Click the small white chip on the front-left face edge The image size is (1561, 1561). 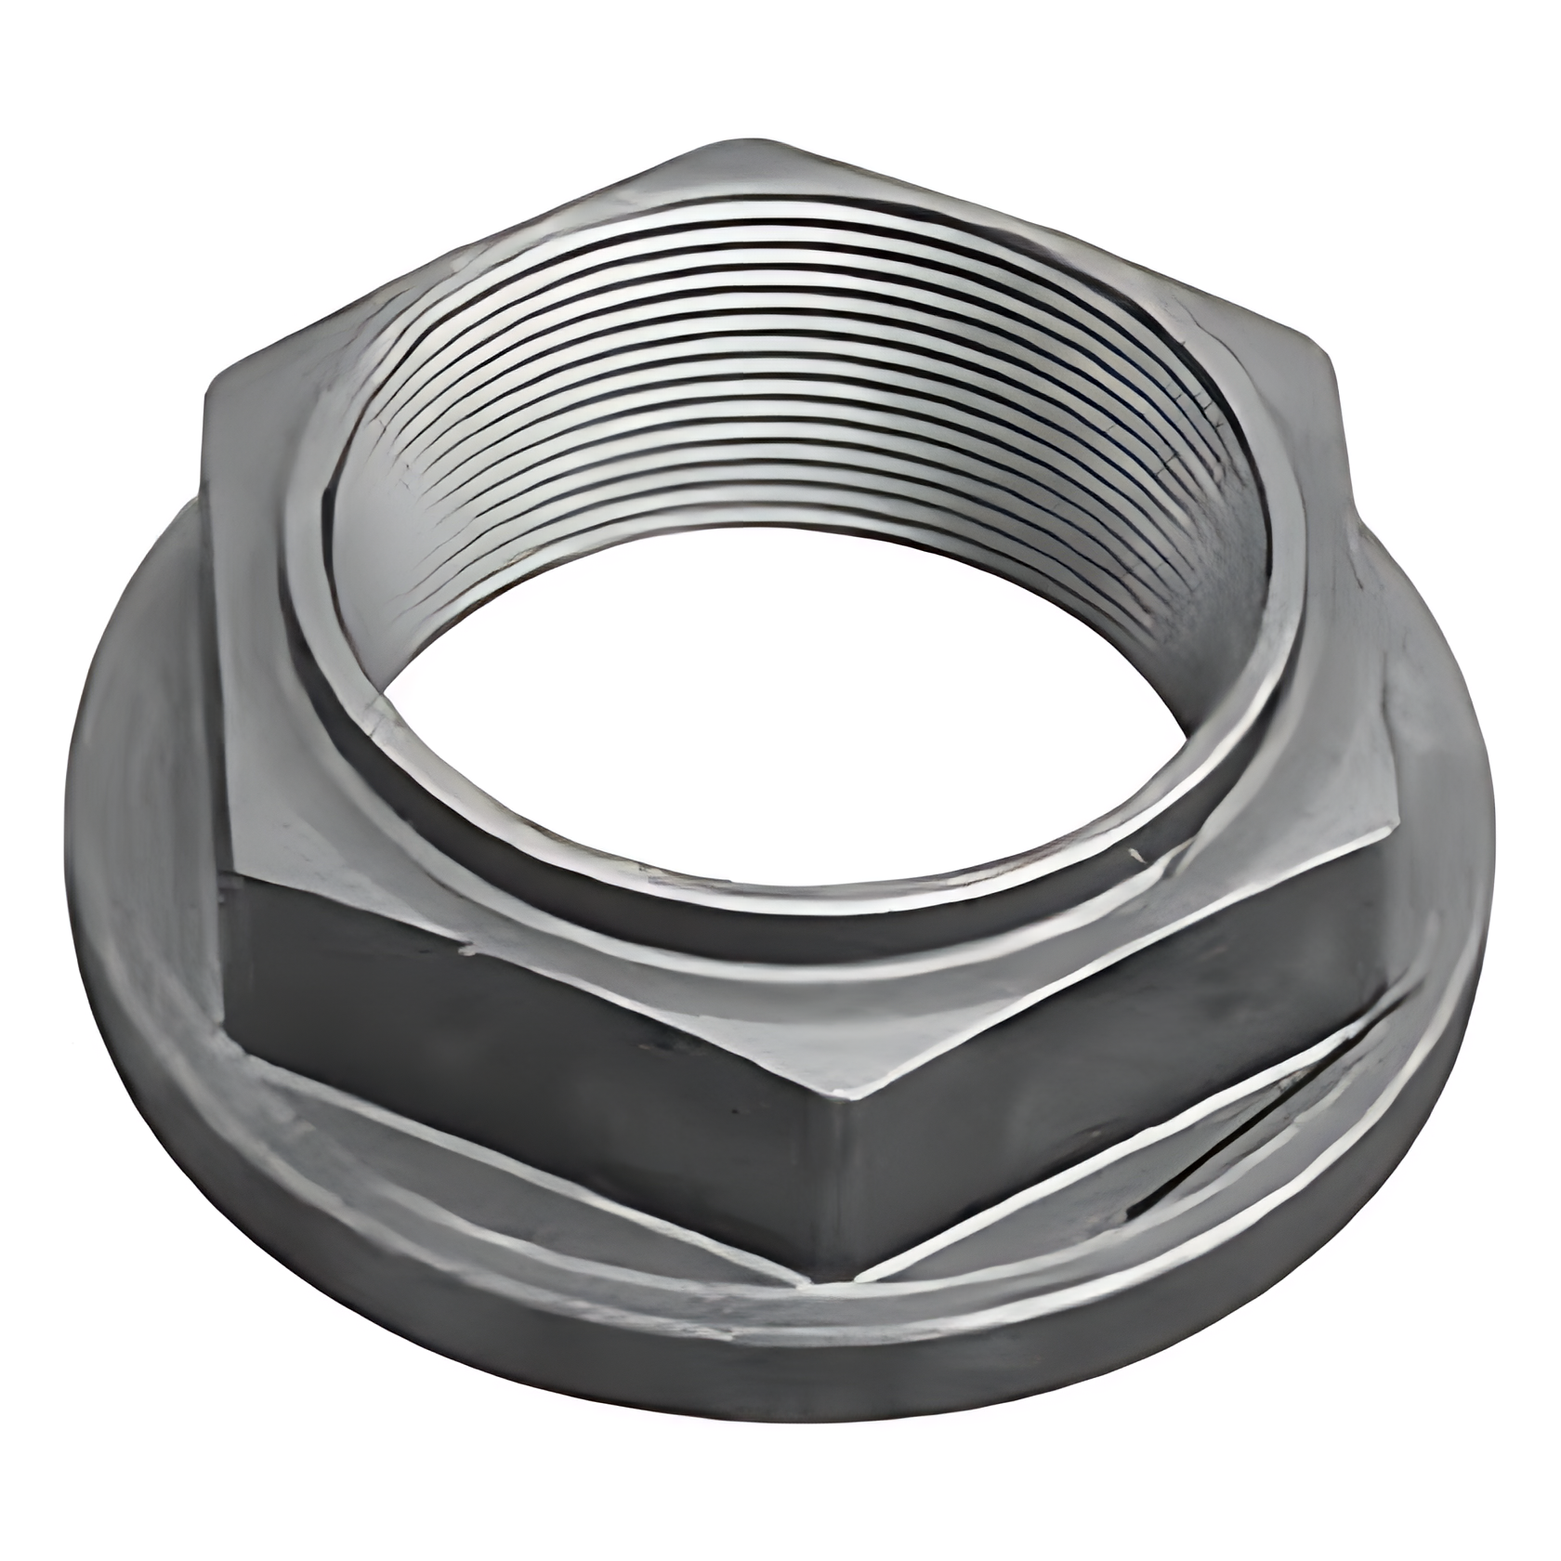coord(465,950)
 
